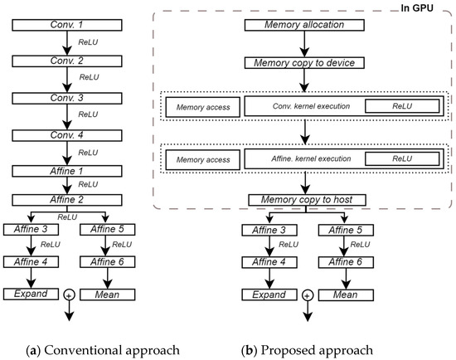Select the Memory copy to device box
tap(306, 62)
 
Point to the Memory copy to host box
tap(306, 199)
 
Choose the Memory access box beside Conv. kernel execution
tap(202, 106)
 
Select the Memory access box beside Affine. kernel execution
tap(202, 157)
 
